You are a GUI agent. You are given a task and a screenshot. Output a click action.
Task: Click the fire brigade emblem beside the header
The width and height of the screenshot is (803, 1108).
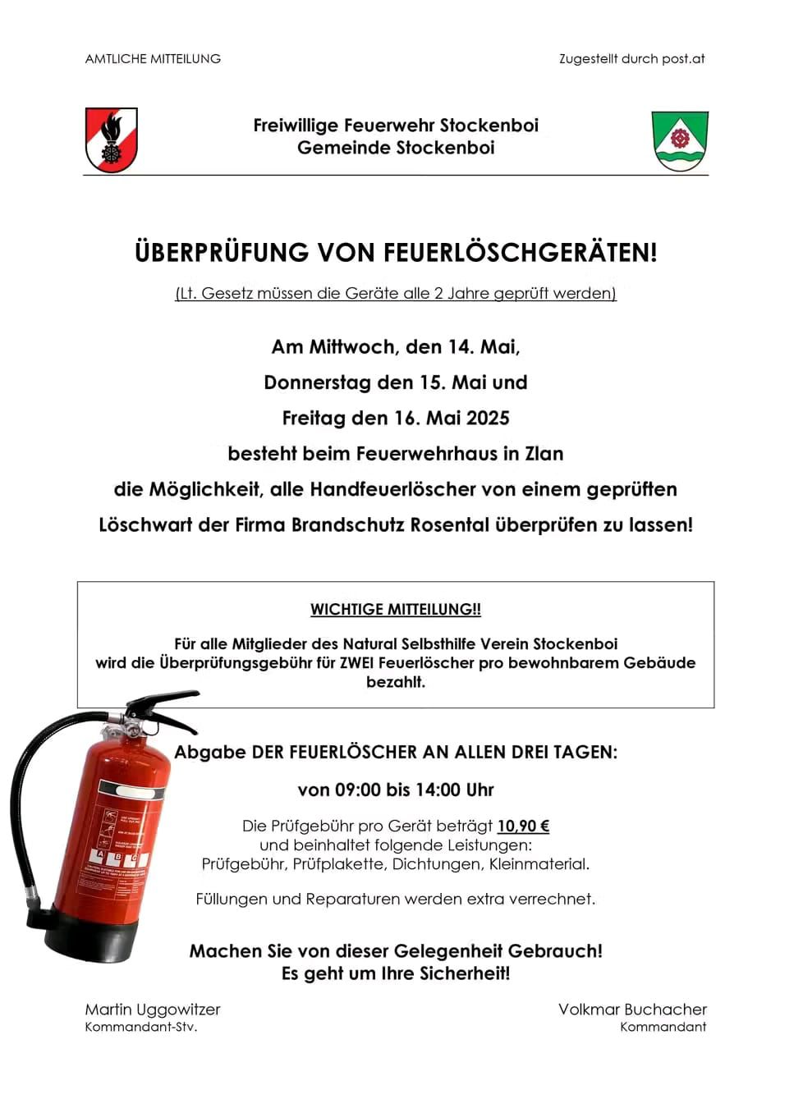click(x=112, y=140)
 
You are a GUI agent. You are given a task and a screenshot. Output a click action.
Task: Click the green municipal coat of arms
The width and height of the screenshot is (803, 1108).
click(x=680, y=141)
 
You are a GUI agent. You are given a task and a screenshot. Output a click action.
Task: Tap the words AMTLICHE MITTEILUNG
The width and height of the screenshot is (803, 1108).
click(x=153, y=59)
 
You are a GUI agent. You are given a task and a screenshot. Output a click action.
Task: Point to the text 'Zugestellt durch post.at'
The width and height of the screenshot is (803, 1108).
click(x=631, y=59)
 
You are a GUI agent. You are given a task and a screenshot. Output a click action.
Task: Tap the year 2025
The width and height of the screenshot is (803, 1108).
click(x=488, y=419)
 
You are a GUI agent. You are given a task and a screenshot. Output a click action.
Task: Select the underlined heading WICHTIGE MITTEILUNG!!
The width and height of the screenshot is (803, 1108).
click(x=396, y=610)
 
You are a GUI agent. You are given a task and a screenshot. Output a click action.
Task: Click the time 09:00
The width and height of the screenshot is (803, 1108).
click(x=357, y=790)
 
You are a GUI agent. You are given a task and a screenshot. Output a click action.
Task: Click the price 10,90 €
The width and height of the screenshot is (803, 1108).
click(x=523, y=826)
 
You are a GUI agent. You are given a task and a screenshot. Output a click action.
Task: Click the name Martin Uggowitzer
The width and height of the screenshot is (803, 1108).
click(x=153, y=1010)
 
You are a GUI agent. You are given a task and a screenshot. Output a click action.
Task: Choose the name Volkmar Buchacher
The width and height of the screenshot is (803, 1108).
click(x=632, y=1010)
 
